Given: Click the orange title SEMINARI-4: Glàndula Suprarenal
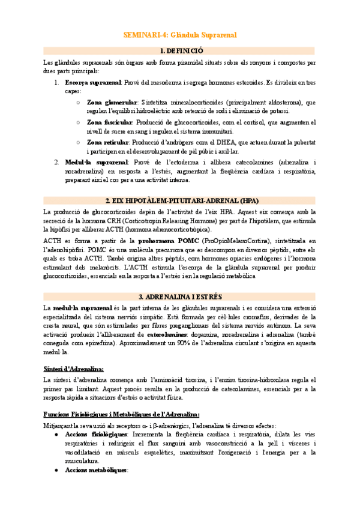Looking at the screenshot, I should point(180,35).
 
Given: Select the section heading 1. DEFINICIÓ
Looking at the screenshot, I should point(180,51).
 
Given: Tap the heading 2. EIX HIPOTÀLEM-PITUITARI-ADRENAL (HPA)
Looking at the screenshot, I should point(180,200).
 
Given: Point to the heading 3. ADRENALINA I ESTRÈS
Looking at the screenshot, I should point(180,297).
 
